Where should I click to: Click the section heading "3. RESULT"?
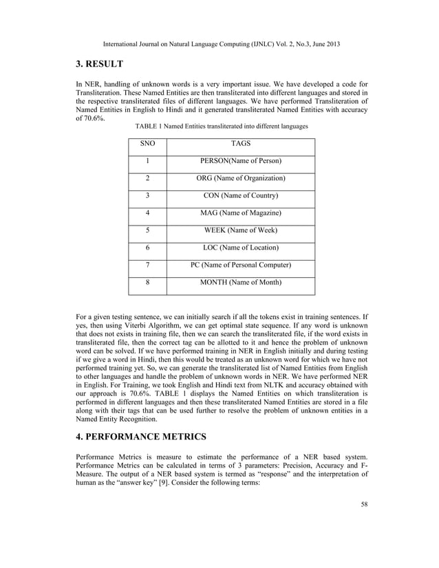click(x=99, y=65)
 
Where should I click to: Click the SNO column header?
click(x=147, y=144)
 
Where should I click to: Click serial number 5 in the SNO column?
click(x=147, y=230)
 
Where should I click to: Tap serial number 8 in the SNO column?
click(x=147, y=282)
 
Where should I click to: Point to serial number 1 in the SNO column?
click(x=147, y=161)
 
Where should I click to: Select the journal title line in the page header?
click(x=219, y=44)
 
